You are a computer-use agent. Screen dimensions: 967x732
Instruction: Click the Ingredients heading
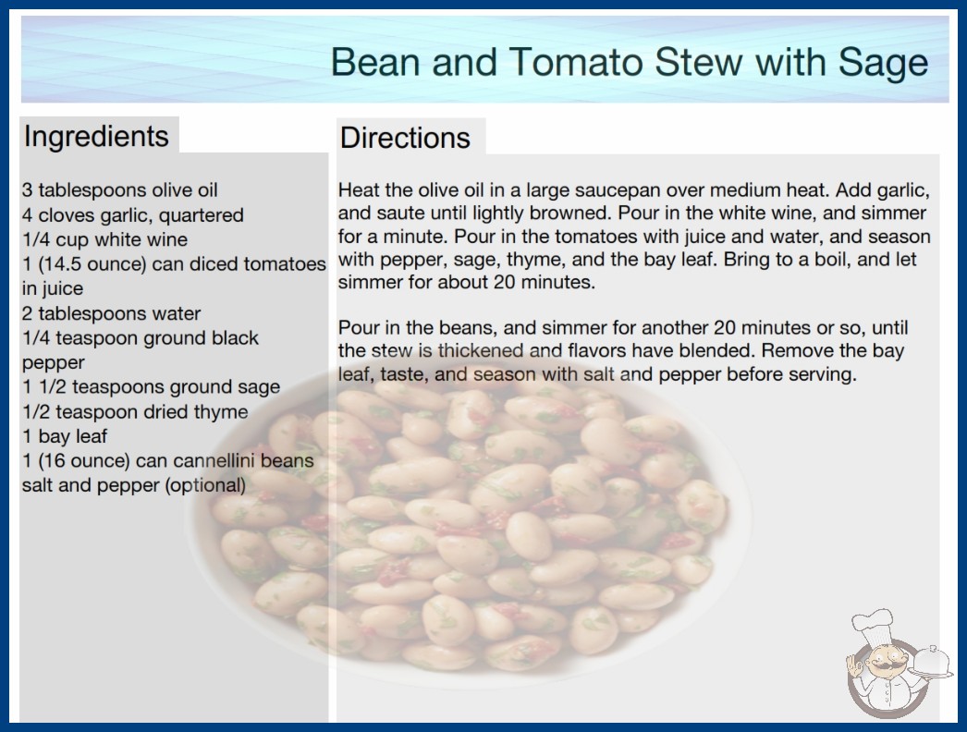96,137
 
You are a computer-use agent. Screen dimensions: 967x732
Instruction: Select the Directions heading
405,138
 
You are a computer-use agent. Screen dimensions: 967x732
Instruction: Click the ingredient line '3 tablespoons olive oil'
119,190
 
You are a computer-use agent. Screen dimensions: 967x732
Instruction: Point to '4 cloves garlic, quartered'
132,214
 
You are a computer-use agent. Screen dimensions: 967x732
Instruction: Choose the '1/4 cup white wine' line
104,239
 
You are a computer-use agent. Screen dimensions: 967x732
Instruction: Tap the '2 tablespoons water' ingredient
111,313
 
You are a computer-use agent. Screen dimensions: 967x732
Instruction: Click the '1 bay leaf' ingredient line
64,436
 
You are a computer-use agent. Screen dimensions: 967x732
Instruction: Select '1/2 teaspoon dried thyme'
135,412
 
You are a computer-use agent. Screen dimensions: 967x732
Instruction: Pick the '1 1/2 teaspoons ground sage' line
151,387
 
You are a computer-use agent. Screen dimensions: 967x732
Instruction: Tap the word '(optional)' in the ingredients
205,485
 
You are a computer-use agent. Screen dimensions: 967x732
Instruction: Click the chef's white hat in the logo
873,628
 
